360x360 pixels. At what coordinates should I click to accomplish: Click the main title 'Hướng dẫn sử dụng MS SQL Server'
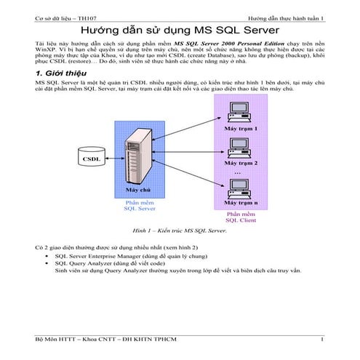(179, 33)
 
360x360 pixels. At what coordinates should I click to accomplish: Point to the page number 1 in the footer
(321, 340)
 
